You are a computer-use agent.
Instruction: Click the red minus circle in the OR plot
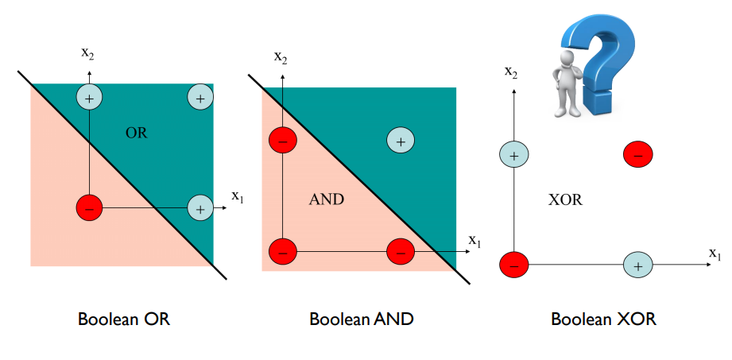pyautogui.click(x=89, y=208)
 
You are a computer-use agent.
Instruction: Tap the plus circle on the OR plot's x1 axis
pyautogui.click(x=199, y=208)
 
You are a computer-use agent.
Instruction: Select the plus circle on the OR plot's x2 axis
pyautogui.click(x=89, y=97)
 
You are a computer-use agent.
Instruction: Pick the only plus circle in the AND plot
pyautogui.click(x=400, y=141)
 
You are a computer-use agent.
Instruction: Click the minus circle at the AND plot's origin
pyautogui.click(x=282, y=252)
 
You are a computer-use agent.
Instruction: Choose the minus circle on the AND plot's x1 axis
pyautogui.click(x=400, y=252)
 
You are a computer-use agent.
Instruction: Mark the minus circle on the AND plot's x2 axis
pyautogui.click(x=282, y=141)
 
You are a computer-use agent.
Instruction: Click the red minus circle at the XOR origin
pyautogui.click(x=513, y=265)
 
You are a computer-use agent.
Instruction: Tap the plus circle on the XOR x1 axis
pyautogui.click(x=637, y=265)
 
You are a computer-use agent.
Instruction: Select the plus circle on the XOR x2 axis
pyautogui.click(x=513, y=155)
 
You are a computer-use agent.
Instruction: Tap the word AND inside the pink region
pyautogui.click(x=327, y=199)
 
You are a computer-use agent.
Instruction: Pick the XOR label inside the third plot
pyautogui.click(x=565, y=199)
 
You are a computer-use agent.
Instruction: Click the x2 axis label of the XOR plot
pyautogui.click(x=512, y=72)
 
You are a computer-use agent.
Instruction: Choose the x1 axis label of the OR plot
pyautogui.click(x=238, y=195)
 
